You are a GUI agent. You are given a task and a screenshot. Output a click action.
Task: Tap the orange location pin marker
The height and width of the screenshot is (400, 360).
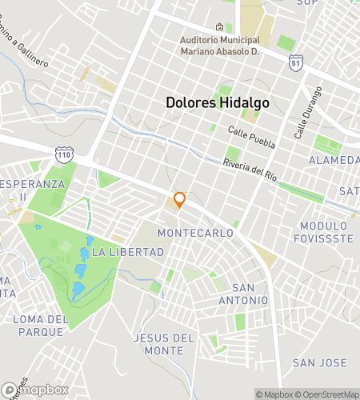coord(179,200)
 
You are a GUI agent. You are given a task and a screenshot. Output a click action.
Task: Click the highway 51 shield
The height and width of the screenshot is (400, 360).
coord(297,62)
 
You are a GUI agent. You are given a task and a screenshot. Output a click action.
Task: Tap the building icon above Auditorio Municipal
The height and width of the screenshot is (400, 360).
coord(220,27)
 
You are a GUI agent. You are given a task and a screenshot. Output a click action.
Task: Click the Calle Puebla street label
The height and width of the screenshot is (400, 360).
coord(250,138)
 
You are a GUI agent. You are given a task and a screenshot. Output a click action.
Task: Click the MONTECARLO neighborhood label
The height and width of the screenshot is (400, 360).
coord(196,233)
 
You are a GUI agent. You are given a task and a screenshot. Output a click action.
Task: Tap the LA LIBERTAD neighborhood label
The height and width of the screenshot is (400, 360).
coord(128,252)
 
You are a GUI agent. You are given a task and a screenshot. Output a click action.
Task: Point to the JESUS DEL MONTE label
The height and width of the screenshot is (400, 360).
coord(164,344)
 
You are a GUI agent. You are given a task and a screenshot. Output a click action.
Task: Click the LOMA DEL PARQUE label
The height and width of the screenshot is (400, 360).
coord(39,325)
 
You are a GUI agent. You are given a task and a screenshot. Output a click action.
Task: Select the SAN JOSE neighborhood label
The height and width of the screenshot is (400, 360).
coord(318,362)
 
